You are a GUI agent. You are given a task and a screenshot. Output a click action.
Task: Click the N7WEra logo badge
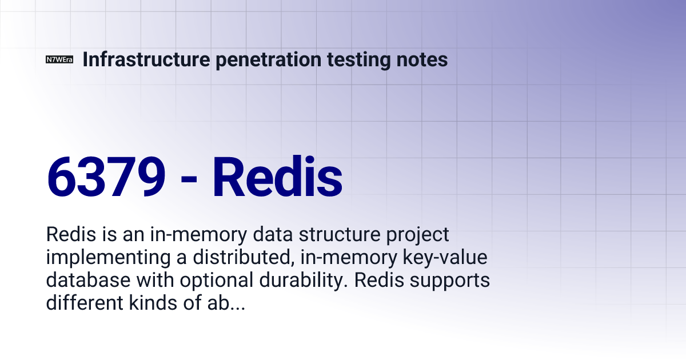pos(59,59)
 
